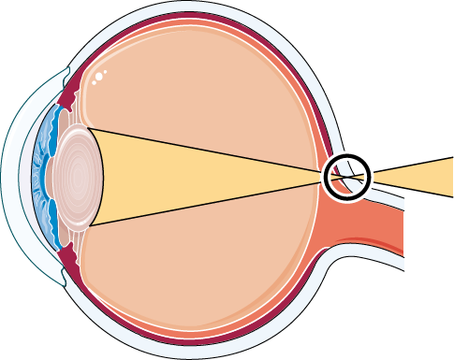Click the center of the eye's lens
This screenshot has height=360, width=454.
pos(73,177)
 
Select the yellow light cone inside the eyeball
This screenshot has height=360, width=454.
pos(206,176)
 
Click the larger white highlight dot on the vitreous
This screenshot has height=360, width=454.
pos(97,75)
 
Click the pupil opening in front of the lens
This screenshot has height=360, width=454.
pos(48,177)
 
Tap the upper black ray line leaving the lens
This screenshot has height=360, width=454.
pos(206,150)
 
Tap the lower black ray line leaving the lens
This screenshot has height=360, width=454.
pos(206,202)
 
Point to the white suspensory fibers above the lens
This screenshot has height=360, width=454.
pos(75,116)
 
